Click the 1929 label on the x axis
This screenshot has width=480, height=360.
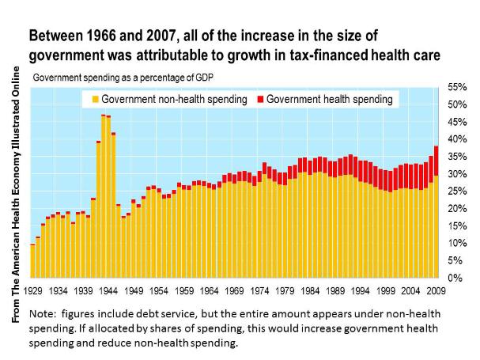coord(32,290)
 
